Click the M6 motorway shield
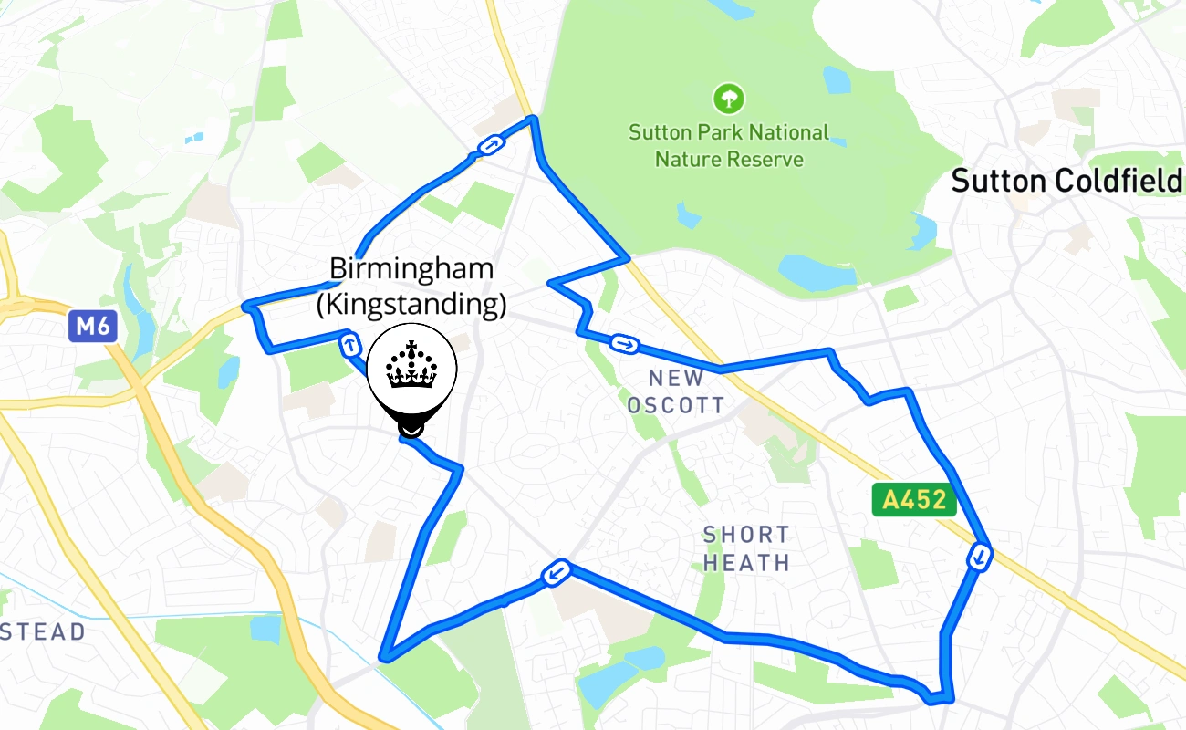pyautogui.click(x=93, y=327)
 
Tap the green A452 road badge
pyautogui.click(x=914, y=500)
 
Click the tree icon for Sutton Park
pyautogui.click(x=728, y=98)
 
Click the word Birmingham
pyautogui.click(x=411, y=269)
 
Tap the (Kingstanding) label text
pyautogui.click(x=411, y=304)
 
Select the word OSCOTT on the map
pyautogui.click(x=676, y=405)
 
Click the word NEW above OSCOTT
pyautogui.click(x=676, y=378)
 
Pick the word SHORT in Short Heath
pyautogui.click(x=746, y=535)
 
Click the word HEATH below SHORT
pyautogui.click(x=746, y=563)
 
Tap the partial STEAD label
pyautogui.click(x=43, y=631)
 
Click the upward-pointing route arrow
pyautogui.click(x=349, y=345)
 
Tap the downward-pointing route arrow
pyautogui.click(x=980, y=556)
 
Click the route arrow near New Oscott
pyautogui.click(x=625, y=344)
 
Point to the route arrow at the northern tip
pyautogui.click(x=491, y=144)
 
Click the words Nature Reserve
pyautogui.click(x=729, y=160)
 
